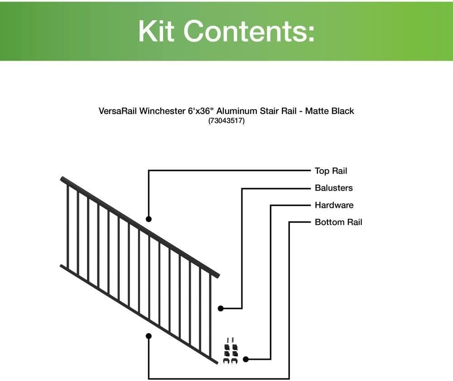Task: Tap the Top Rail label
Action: (x=331, y=171)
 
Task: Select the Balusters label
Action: (x=333, y=188)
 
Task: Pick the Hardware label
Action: (x=334, y=205)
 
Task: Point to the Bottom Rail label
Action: (x=338, y=222)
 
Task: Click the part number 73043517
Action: (x=226, y=121)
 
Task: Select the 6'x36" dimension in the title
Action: (x=201, y=110)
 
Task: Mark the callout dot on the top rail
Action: (x=149, y=219)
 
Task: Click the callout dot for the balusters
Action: (x=221, y=309)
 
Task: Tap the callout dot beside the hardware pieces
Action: (x=246, y=359)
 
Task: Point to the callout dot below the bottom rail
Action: (x=149, y=336)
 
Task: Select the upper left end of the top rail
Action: (x=63, y=179)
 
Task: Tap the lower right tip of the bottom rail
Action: (x=215, y=362)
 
